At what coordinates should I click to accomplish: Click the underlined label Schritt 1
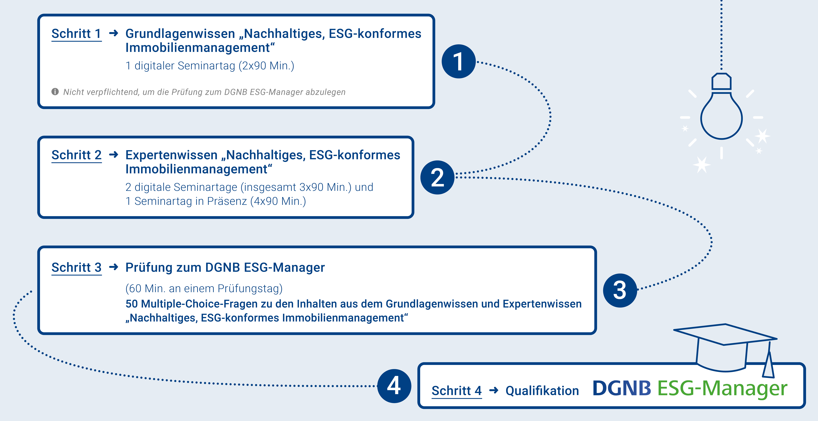(76, 34)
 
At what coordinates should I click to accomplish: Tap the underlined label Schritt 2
(76, 155)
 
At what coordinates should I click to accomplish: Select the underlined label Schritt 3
(76, 268)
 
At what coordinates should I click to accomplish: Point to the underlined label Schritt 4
(457, 391)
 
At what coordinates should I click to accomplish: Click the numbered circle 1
(458, 61)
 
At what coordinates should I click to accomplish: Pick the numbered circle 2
(437, 177)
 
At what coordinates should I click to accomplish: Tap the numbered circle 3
(620, 290)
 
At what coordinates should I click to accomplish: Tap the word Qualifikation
(542, 391)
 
